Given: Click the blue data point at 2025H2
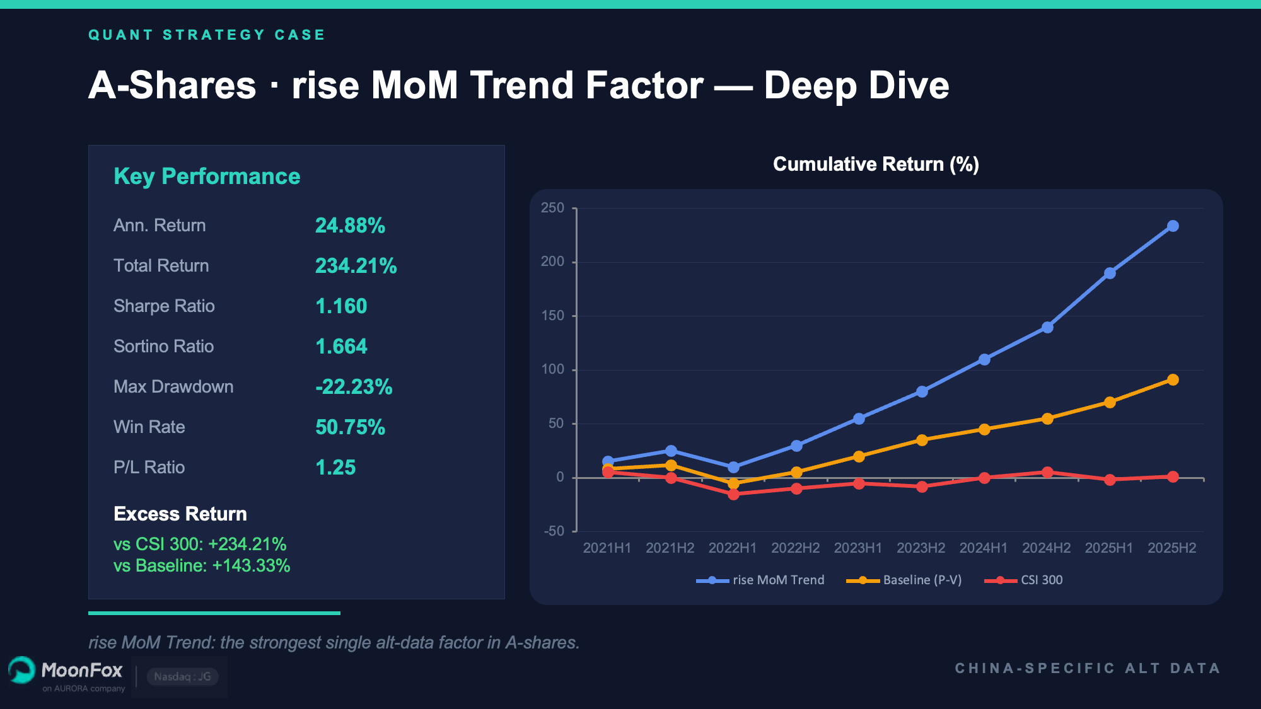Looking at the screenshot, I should (x=1172, y=226).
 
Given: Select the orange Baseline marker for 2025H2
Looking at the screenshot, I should (x=1172, y=380).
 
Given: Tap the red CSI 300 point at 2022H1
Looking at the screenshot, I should (x=733, y=495).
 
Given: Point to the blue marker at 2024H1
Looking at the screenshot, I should (x=984, y=359).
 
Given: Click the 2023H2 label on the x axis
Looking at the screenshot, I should (x=921, y=548).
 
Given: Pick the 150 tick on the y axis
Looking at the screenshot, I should (x=553, y=316).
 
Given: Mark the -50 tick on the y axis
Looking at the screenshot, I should (x=554, y=531).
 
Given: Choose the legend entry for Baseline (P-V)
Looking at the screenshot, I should (x=904, y=580).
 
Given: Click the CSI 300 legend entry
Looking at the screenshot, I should (x=1024, y=580).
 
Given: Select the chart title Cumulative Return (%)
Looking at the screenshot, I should (x=876, y=164).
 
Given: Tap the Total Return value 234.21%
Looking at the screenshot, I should (x=356, y=266).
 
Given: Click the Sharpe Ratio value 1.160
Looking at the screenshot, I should (x=341, y=306).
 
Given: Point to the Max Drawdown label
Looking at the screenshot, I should (x=173, y=387).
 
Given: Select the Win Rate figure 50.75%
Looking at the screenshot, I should (x=350, y=427).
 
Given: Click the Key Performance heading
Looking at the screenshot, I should (x=207, y=176).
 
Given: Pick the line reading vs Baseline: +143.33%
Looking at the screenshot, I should (x=202, y=566).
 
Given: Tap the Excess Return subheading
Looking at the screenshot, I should (x=180, y=514).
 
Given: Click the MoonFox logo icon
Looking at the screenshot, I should (x=22, y=671).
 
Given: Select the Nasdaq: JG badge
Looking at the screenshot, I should (x=182, y=677).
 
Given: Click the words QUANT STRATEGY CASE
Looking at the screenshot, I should (x=207, y=35).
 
